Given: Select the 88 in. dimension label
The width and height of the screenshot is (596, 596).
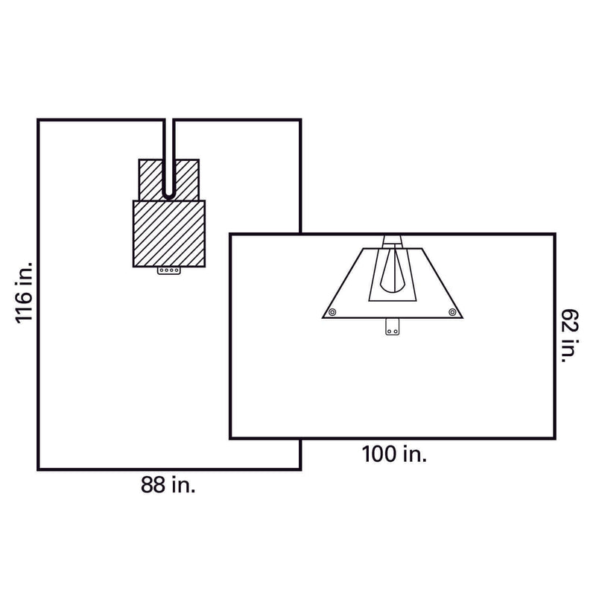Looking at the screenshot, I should [x=168, y=486].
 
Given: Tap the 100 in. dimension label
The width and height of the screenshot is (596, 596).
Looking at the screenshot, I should [x=394, y=453].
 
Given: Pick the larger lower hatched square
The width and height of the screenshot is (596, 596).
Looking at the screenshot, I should [x=169, y=234].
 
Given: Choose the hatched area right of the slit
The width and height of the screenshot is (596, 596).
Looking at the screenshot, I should [x=187, y=179].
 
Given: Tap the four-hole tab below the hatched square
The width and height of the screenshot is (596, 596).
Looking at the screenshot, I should [x=169, y=272].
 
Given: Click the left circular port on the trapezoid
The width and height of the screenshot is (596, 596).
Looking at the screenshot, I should [x=333, y=311].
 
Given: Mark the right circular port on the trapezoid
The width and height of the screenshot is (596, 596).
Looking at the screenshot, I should [x=451, y=311].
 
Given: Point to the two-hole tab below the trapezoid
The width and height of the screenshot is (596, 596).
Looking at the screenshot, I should [x=393, y=327].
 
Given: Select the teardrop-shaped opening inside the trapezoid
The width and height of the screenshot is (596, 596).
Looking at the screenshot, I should [x=393, y=272].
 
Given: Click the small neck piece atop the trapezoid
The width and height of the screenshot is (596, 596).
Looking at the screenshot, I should [x=393, y=241].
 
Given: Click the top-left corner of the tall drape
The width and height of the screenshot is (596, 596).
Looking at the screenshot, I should [x=39, y=119].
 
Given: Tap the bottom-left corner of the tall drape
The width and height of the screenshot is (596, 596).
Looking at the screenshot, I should [x=39, y=469].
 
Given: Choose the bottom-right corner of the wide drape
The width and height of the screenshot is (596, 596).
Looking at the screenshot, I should [x=554, y=438].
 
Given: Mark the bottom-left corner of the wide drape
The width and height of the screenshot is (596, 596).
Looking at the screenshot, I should [x=230, y=438].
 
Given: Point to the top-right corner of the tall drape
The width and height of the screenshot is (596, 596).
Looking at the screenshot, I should [x=300, y=119].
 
